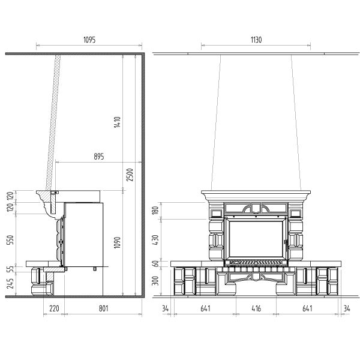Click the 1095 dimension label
click(x=89, y=40)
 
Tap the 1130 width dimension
click(x=256, y=40)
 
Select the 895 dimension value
click(x=99, y=157)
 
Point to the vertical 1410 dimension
click(x=118, y=122)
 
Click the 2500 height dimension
click(x=130, y=175)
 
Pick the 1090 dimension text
click(x=118, y=242)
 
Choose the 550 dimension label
click(x=11, y=240)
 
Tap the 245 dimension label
click(x=11, y=283)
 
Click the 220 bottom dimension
click(x=54, y=308)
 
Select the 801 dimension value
click(x=104, y=308)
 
